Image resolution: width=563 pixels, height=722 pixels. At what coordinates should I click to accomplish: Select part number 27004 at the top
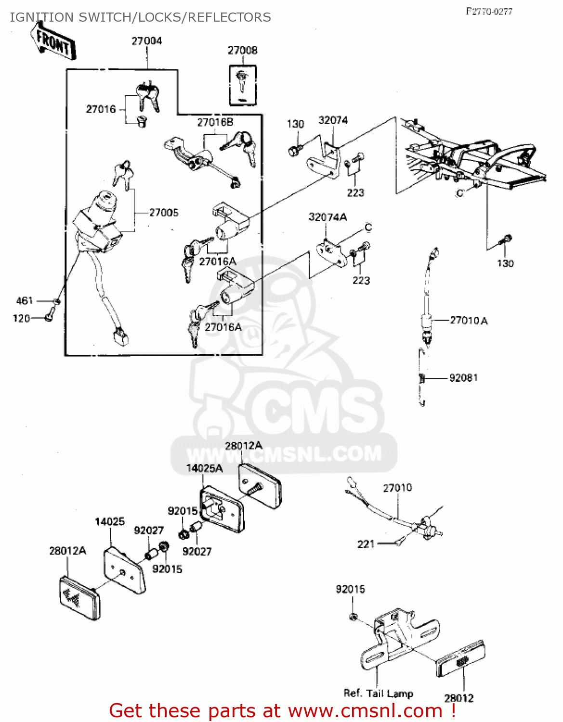[x=147, y=41]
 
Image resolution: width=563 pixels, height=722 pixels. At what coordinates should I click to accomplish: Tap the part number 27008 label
[x=242, y=50]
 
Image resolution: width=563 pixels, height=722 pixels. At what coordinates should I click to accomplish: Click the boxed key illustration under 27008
[x=242, y=85]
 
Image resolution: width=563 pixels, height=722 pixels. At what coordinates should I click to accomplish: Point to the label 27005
[x=164, y=212]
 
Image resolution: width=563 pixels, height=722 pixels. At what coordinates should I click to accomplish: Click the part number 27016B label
[x=215, y=122]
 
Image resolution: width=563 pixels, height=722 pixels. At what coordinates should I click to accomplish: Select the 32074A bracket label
[x=327, y=217]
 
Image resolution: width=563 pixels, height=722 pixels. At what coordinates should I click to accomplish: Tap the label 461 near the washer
[x=25, y=301]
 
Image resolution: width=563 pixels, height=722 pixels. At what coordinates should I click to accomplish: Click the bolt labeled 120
[x=49, y=318]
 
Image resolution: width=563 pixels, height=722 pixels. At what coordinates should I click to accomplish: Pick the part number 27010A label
[x=469, y=320]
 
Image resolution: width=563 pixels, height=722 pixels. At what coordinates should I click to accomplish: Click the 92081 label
[x=463, y=378]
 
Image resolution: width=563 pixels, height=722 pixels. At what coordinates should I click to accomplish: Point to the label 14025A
[x=204, y=468]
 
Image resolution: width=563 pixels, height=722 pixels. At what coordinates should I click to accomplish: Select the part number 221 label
[x=366, y=544]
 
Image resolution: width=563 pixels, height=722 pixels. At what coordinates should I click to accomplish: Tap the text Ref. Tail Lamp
[x=378, y=693]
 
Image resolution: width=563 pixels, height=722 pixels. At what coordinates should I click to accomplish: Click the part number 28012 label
[x=458, y=698]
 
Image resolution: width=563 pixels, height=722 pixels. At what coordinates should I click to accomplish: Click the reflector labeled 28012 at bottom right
[x=460, y=658]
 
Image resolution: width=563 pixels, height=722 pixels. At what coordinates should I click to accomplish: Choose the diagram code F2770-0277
[x=489, y=12]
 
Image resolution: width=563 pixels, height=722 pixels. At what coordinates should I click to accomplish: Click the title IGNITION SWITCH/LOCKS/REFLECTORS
[x=140, y=17]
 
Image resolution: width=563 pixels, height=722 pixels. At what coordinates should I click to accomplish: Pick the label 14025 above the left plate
[x=110, y=521]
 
